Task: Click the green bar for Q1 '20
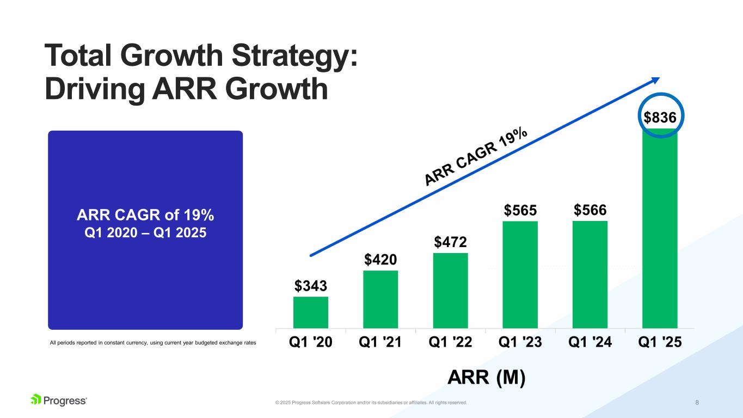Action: coord(310,312)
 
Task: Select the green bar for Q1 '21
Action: coord(380,299)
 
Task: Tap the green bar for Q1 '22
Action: coord(450,291)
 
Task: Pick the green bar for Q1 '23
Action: coord(520,274)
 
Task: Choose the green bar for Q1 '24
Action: coord(590,274)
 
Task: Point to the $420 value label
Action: coord(380,259)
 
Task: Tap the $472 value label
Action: coord(450,241)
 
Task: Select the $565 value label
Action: coord(520,210)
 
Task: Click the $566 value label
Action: coord(590,210)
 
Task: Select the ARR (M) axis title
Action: coord(486,378)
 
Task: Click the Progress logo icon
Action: coord(36,400)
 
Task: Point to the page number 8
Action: coord(697,402)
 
